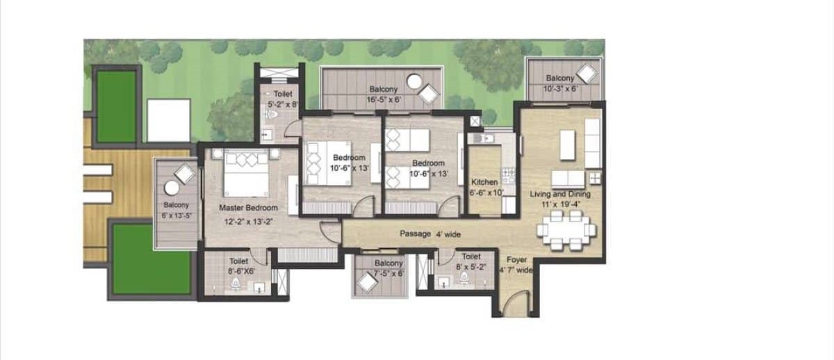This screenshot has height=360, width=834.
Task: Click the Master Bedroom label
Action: [x=248, y=208]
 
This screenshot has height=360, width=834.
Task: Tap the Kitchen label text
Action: [x=484, y=182]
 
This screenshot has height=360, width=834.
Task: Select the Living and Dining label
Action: [x=560, y=194]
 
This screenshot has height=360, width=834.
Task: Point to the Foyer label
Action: [x=517, y=259]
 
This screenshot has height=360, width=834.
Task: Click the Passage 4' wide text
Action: [x=430, y=234]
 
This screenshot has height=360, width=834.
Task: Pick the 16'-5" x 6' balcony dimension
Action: [x=384, y=100]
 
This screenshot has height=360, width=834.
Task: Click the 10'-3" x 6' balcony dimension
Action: [x=560, y=88]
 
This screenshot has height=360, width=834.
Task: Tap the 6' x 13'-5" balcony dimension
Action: [x=177, y=215]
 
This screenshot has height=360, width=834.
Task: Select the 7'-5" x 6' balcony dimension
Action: [x=389, y=274]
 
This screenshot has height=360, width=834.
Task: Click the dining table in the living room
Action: [x=566, y=230]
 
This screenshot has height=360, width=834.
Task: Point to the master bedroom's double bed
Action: [x=246, y=173]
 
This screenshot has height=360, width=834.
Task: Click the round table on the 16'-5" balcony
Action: [x=414, y=81]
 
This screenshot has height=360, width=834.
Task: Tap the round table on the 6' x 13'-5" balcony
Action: [x=172, y=188]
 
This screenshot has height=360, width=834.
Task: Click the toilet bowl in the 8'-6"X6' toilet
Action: [x=236, y=284]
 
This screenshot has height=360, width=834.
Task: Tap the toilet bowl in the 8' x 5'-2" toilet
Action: [x=464, y=277]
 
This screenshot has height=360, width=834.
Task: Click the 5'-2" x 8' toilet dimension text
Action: [x=284, y=104]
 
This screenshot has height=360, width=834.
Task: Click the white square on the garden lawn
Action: [x=169, y=120]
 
